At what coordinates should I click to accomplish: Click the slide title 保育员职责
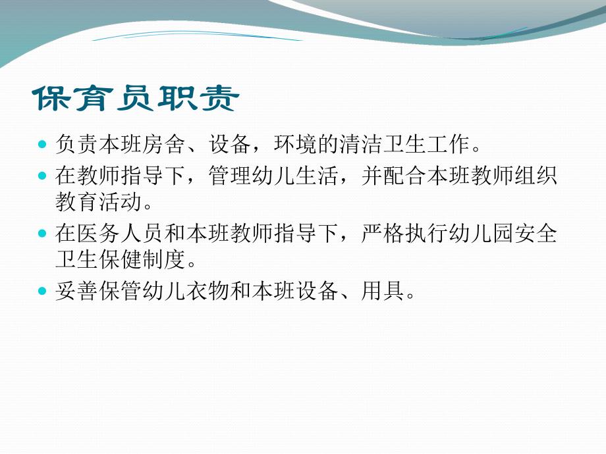[136, 99]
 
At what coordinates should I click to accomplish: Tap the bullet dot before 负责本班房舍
[43, 143]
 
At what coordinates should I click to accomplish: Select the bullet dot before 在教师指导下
[43, 176]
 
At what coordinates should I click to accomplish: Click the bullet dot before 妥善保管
[43, 290]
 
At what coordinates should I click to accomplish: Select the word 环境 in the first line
[285, 143]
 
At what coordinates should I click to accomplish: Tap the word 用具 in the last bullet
[381, 290]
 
